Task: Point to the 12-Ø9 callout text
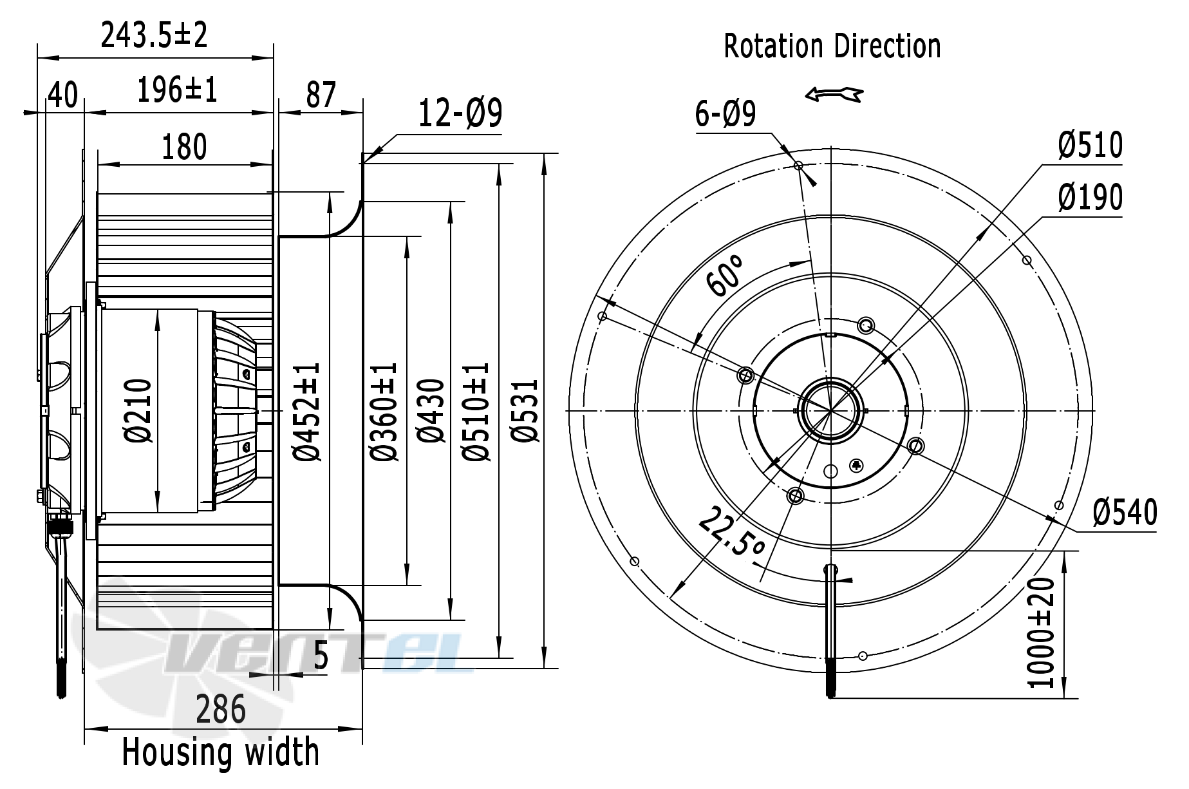[x=460, y=113]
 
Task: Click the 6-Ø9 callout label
[x=726, y=115]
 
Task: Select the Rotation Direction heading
[x=832, y=46]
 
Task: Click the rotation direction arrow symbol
[x=833, y=95]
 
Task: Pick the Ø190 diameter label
[x=1090, y=197]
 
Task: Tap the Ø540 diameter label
[x=1125, y=513]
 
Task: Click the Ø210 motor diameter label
[x=138, y=411]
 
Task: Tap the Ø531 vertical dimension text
[x=525, y=410]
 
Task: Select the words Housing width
[x=220, y=752]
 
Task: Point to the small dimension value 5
[x=321, y=657]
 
